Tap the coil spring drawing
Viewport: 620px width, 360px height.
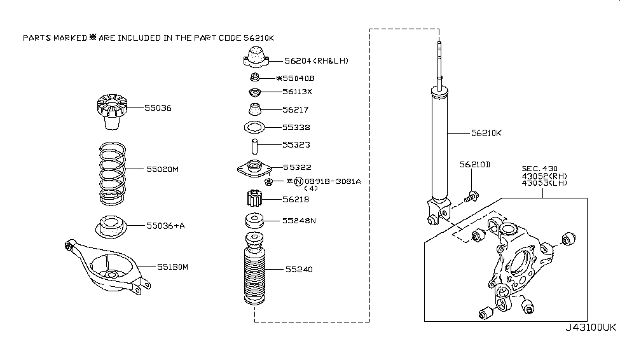coord(112,172)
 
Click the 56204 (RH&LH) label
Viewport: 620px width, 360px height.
coord(317,61)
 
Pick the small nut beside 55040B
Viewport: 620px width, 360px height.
coord(254,78)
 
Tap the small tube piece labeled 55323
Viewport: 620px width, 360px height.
coord(255,145)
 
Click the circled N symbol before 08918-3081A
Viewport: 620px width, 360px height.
coord(297,181)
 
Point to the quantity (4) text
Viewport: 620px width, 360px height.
coord(311,189)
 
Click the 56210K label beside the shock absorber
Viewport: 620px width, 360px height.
coord(486,134)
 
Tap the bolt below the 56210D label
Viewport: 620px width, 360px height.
coord(471,197)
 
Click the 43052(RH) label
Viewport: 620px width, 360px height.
coord(542,176)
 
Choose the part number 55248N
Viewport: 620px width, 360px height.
coord(299,221)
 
